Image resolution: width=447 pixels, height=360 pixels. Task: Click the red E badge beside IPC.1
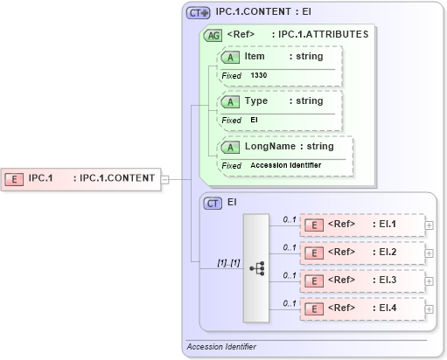(15, 178)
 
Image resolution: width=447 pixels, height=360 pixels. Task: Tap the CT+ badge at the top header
(199, 14)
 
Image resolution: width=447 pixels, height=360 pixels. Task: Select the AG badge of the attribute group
(212, 36)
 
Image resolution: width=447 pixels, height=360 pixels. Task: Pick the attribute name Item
(255, 56)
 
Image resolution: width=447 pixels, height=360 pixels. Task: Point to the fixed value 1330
(259, 75)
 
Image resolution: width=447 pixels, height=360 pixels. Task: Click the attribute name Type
(255, 100)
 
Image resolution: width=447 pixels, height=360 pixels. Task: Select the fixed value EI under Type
(254, 120)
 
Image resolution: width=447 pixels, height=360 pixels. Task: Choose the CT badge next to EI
(213, 203)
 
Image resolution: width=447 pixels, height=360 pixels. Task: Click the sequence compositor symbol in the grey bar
(257, 268)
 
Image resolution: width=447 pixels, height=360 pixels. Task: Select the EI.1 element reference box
(361, 225)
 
